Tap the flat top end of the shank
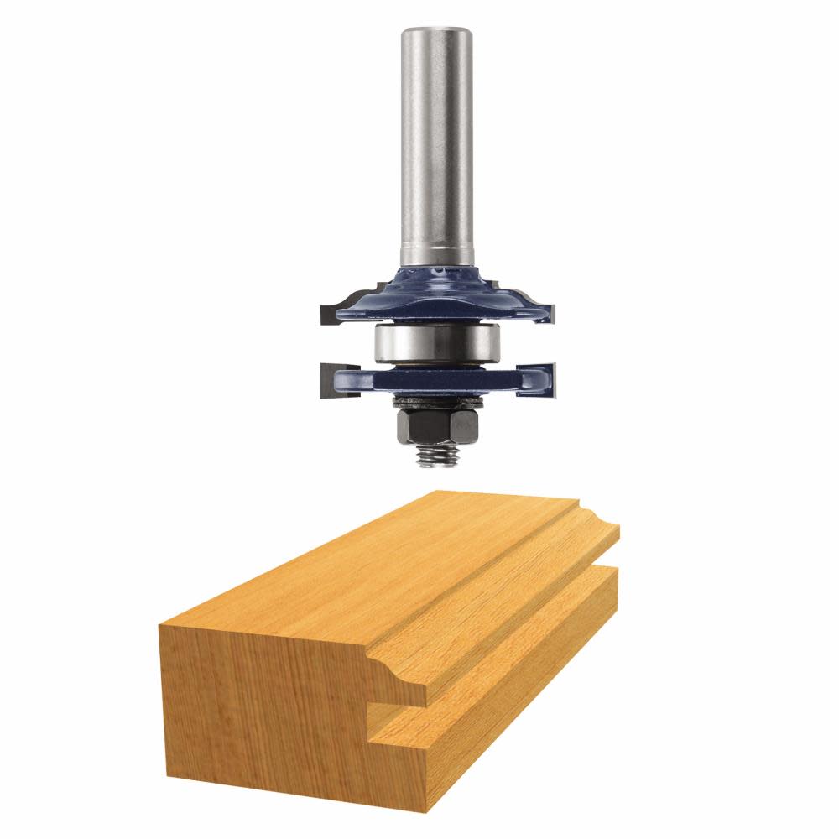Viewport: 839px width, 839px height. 435,32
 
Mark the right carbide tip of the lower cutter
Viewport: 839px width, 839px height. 550,377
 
